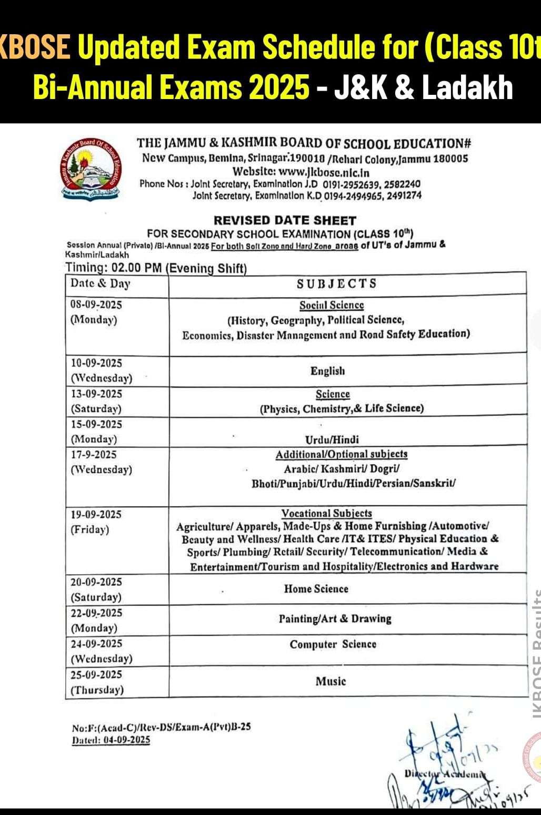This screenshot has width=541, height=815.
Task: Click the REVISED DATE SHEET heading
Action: click(x=285, y=220)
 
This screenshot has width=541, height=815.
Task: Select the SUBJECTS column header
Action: click(x=337, y=283)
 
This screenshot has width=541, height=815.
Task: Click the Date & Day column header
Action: click(x=101, y=283)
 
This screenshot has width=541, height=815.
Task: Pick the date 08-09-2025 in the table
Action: click(x=96, y=305)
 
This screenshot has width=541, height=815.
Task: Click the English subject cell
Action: click(x=328, y=371)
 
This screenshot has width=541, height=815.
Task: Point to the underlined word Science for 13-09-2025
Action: click(x=333, y=394)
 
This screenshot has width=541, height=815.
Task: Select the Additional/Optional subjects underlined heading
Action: click(x=342, y=454)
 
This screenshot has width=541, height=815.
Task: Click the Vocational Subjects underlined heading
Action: click(x=326, y=513)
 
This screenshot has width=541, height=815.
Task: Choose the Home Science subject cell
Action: click(x=316, y=588)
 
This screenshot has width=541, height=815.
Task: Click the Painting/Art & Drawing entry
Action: click(x=335, y=618)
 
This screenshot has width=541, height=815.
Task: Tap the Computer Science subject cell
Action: click(x=333, y=644)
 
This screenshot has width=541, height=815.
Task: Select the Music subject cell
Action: click(x=330, y=681)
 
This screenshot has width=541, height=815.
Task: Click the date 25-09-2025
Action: click(x=96, y=675)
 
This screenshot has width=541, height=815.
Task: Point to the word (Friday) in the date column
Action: click(x=90, y=529)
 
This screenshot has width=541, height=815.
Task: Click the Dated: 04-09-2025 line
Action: click(x=111, y=740)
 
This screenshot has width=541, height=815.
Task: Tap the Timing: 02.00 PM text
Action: click(x=113, y=268)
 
